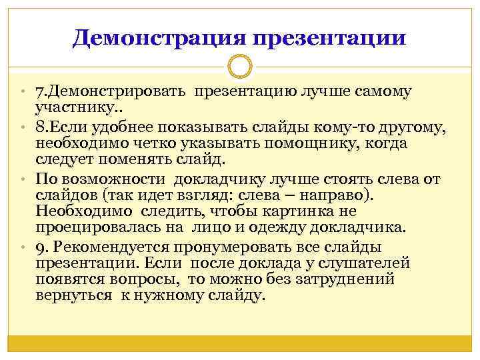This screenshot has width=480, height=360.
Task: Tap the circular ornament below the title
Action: (239, 67)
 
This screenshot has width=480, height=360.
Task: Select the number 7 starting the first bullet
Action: (39, 91)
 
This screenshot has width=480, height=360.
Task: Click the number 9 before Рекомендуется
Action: (39, 247)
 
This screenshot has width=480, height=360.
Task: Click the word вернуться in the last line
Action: (74, 295)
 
